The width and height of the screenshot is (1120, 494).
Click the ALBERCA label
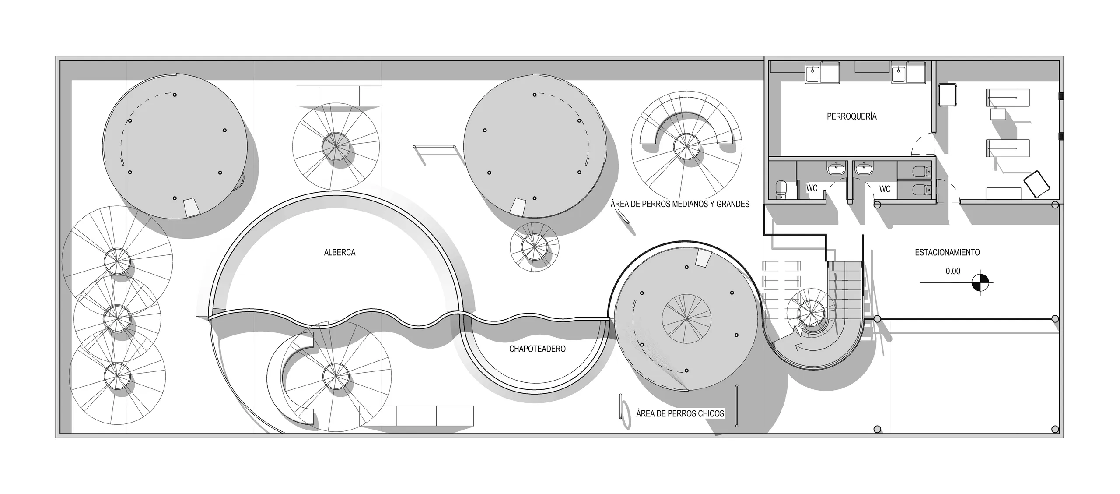coord(339,252)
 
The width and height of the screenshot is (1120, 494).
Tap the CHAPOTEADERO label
coord(537,349)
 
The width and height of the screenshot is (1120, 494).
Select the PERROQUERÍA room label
coord(851,116)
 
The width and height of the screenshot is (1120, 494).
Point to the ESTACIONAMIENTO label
coord(947,252)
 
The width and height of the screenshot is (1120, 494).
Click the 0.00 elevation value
coord(953,271)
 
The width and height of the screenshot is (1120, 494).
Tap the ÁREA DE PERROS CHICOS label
coord(680,413)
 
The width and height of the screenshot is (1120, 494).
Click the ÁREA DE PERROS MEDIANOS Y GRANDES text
coord(680,204)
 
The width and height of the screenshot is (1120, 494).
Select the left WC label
coord(812,188)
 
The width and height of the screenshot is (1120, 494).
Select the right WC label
coord(885,189)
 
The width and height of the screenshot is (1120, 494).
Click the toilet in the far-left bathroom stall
coord(781,190)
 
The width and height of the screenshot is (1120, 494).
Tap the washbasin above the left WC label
coord(836,168)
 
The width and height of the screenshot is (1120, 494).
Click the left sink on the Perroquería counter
coord(813,73)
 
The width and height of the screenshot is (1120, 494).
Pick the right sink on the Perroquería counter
coord(899,73)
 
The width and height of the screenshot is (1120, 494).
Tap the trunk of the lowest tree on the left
coord(117,376)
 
